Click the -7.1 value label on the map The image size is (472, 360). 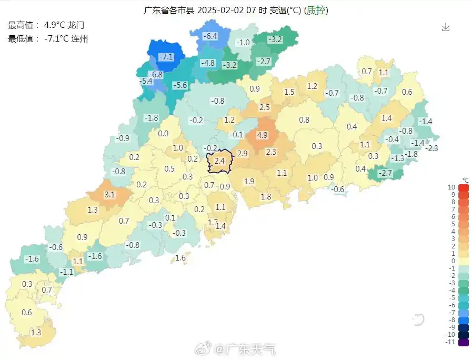click(x=166, y=57)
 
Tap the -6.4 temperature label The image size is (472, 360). click(x=210, y=36)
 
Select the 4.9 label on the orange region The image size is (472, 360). click(x=263, y=135)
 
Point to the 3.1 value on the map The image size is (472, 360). click(x=109, y=195)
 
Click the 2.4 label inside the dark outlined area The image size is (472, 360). click(x=220, y=161)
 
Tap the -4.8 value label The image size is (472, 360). click(x=208, y=63)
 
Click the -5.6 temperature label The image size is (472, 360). click(x=180, y=85)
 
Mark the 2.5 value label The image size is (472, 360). click(x=264, y=107)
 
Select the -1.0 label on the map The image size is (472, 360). click(x=243, y=43)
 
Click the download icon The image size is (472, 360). click(x=446, y=27)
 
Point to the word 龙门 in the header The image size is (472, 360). click(x=76, y=25)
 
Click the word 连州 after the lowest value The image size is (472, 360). click(x=79, y=38)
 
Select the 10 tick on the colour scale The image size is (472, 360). click(x=451, y=187)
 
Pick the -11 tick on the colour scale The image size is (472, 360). click(x=450, y=342)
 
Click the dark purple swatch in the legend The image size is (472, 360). click(x=463, y=342)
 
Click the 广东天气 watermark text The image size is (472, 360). click(x=252, y=349)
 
